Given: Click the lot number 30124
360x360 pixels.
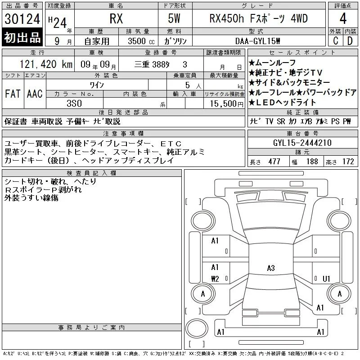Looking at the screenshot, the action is pos(22,19).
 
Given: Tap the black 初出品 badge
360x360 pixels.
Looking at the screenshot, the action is pos(22,37).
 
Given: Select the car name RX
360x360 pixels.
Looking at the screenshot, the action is pos(116,19).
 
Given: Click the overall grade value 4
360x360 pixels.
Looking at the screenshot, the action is pos(343,18).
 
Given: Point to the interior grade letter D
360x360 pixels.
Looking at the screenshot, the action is pos(350,41).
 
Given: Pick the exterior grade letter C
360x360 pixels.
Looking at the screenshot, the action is pos(336,41).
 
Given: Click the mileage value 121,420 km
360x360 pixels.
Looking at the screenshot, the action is pos(46,64).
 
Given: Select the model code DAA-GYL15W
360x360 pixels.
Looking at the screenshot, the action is pos(258,41).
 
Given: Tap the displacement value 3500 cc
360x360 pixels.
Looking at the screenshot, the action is pos(141,41).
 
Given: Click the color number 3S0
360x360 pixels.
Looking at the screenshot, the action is pos(74,103).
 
